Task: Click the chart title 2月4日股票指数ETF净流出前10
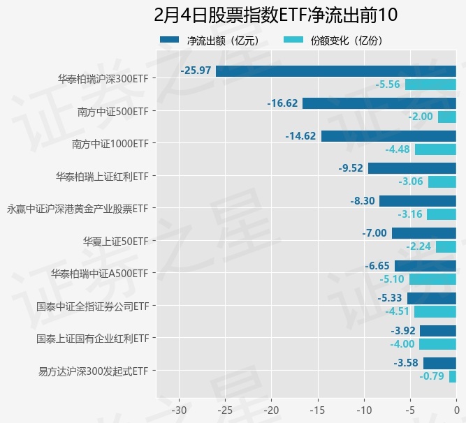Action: pyautogui.click(x=275, y=15)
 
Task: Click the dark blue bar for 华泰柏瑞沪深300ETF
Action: pyautogui.click(x=336, y=71)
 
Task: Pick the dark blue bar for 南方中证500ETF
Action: pyautogui.click(x=379, y=103)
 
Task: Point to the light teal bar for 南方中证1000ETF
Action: pyautogui.click(x=435, y=149)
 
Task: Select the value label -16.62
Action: pyautogui.click(x=282, y=103)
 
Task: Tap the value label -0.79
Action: pyautogui.click(x=432, y=376)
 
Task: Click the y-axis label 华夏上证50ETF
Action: pyautogui.click(x=115, y=241)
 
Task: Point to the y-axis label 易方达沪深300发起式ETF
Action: pyautogui.click(x=94, y=371)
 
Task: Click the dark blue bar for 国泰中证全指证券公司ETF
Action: pyautogui.click(x=432, y=298)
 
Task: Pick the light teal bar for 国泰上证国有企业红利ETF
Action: pyautogui.click(x=438, y=344)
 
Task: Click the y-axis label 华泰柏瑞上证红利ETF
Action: pyautogui.click(x=101, y=176)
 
